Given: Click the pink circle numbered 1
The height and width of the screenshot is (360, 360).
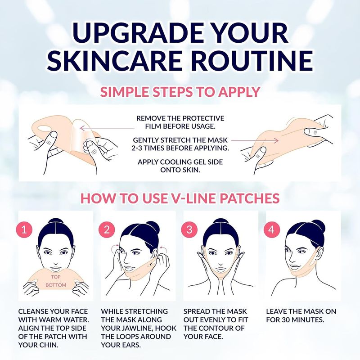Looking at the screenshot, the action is (24, 229).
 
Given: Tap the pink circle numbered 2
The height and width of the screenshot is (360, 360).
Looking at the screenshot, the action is (107, 229).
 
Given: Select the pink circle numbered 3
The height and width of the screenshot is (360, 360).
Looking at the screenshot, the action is (189, 229).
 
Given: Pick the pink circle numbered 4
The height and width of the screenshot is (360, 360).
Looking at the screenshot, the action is (272, 229).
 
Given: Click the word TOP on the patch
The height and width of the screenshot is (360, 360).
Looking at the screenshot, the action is (55, 277).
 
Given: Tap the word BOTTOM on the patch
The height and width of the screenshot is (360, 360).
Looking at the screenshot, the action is (56, 285).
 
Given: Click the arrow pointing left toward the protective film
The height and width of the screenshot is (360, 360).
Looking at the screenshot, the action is (107, 128).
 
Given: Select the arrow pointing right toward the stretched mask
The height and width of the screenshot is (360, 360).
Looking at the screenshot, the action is (255, 140).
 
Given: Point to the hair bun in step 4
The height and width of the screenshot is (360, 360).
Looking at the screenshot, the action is (318, 226).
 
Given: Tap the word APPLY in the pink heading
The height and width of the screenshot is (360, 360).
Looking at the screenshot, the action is (239, 92).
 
